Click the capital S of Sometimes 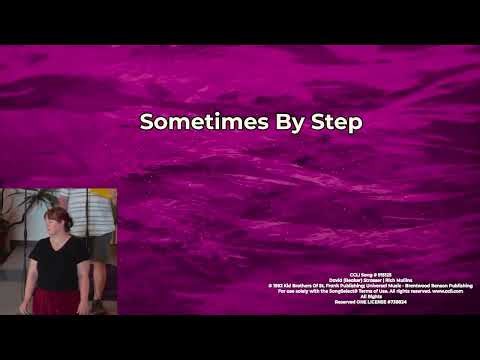(146, 123)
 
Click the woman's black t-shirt (57, 262)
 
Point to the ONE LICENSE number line (371, 301)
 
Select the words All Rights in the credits (371, 296)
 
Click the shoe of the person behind (97, 307)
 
